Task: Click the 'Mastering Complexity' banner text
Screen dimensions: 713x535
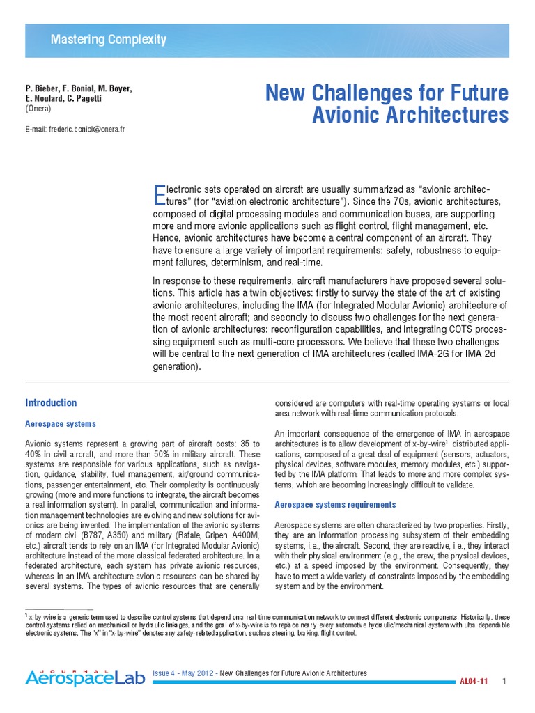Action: (108, 40)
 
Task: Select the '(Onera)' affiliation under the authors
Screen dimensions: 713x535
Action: (38, 109)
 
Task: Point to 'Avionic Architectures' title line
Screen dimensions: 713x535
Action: (410, 115)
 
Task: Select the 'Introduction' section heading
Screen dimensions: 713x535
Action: (51, 403)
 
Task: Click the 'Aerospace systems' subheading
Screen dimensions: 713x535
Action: (61, 423)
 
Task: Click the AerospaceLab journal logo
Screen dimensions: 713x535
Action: (86, 675)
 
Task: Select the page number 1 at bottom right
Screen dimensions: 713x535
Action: (504, 680)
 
